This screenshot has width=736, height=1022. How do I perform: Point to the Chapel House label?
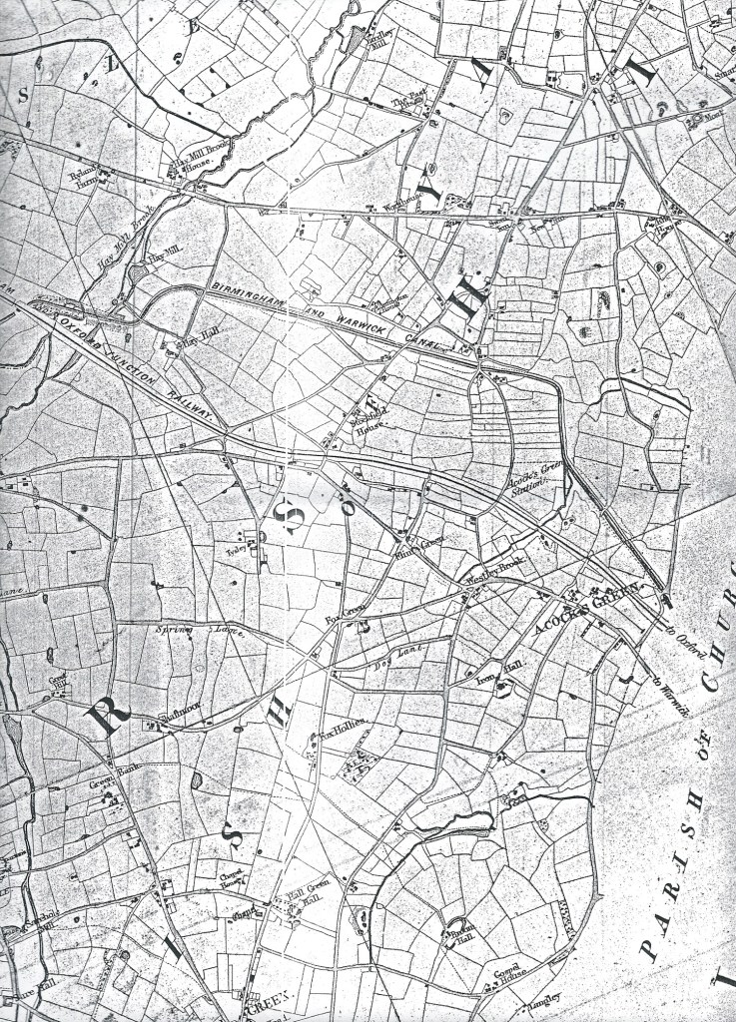tap(233, 875)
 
